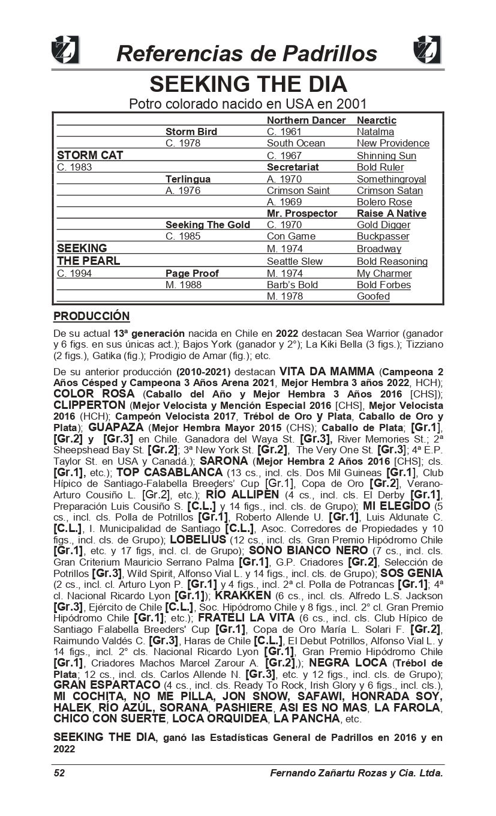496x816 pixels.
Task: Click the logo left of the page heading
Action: pyautogui.click(x=65, y=50)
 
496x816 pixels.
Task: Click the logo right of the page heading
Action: pyautogui.click(x=428, y=50)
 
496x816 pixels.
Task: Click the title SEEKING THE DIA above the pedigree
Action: pyautogui.click(x=248, y=83)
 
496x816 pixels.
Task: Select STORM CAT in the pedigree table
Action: pyautogui.click(x=90, y=156)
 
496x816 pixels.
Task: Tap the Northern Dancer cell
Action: pyautogui.click(x=306, y=120)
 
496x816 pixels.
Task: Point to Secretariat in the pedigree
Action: pyautogui.click(x=293, y=167)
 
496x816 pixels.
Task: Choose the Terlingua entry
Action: pyautogui.click(x=188, y=179)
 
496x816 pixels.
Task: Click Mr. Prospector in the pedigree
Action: pyautogui.click(x=302, y=214)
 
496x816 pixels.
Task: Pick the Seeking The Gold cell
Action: pyautogui.click(x=208, y=225)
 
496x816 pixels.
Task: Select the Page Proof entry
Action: pyautogui.click(x=192, y=273)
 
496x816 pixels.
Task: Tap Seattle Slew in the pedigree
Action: pyautogui.click(x=294, y=261)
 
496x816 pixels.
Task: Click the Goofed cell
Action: pyautogui.click(x=373, y=296)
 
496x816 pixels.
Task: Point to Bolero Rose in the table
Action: pyautogui.click(x=384, y=202)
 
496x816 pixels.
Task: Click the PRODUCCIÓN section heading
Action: pyautogui.click(x=91, y=316)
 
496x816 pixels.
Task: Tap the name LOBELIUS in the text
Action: pyautogui.click(x=198, y=539)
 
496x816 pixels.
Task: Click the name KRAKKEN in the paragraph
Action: pyautogui.click(x=243, y=596)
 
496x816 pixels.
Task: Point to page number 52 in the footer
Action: pyautogui.click(x=59, y=773)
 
